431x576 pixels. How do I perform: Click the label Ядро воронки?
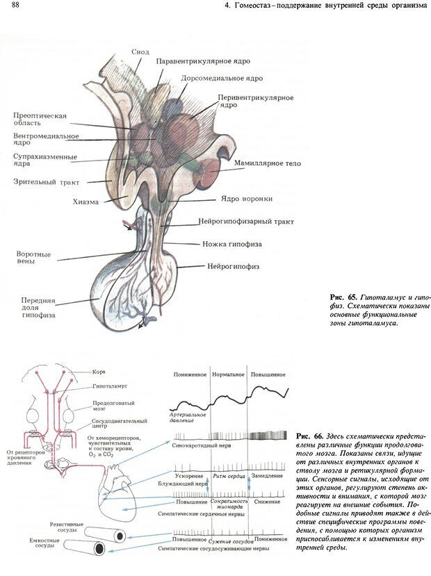coord(246,199)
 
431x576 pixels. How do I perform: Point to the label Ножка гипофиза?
coord(233,244)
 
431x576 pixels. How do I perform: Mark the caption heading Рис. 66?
coord(308,436)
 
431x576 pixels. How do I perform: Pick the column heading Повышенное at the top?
coord(268,375)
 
